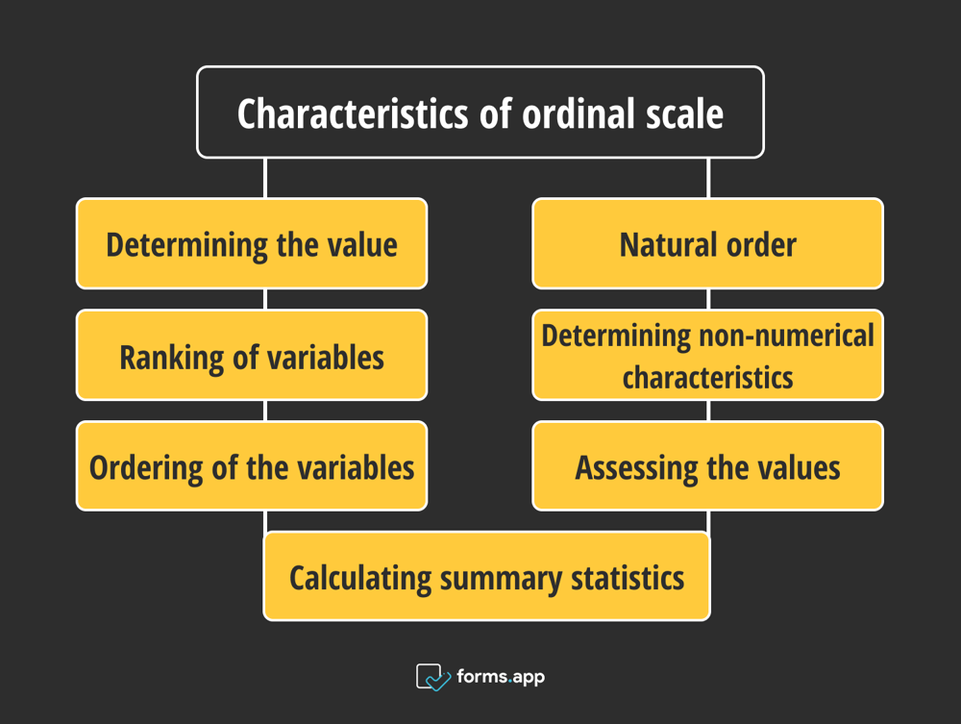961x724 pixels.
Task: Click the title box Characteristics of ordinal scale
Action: point(480,112)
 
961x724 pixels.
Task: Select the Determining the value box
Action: point(252,243)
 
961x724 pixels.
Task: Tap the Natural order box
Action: point(707,243)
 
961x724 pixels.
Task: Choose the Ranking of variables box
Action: point(252,356)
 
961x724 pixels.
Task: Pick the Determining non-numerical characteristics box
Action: point(707,356)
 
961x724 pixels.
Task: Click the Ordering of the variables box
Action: point(252,467)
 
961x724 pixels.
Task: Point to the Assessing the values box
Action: point(707,467)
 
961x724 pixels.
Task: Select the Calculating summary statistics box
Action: point(486,577)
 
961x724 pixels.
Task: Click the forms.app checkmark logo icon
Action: point(432,677)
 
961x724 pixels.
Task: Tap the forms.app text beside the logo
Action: point(501,677)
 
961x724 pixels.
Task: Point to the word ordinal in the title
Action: point(579,113)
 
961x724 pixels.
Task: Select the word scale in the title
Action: point(684,113)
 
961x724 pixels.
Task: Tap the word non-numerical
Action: point(800,336)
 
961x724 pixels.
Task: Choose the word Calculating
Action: point(360,578)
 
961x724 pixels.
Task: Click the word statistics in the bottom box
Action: point(628,578)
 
